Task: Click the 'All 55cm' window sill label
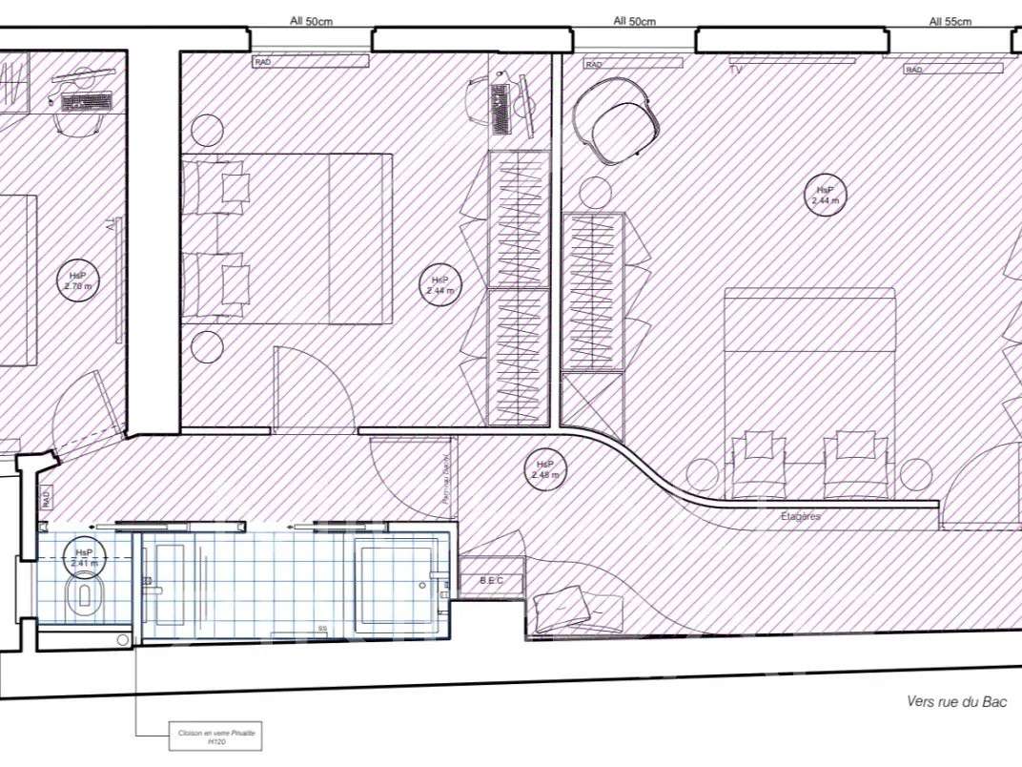coord(950,21)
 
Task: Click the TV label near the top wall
coord(735,70)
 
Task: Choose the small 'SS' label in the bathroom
coord(322,630)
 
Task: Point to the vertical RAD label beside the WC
coord(45,497)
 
